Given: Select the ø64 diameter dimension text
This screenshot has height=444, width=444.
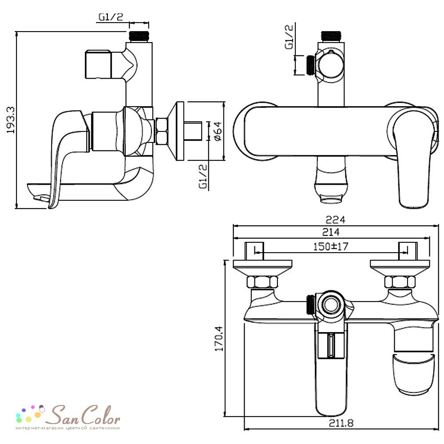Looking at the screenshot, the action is point(218,131).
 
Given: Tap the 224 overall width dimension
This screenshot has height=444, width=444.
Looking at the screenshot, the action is point(336,220).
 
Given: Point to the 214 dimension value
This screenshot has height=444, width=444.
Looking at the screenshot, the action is point(331,232).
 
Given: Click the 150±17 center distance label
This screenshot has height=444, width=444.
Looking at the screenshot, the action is point(330,246).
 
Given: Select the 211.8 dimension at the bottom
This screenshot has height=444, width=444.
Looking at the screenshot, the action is point(341,423).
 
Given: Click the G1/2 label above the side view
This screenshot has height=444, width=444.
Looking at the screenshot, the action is point(111,17).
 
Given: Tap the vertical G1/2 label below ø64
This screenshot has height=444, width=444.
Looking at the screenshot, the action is point(203,176).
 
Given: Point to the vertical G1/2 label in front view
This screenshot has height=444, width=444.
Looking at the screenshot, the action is point(289,37).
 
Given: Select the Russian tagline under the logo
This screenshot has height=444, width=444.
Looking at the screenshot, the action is point(67,428).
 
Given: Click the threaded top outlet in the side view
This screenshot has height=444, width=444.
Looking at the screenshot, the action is point(139,37).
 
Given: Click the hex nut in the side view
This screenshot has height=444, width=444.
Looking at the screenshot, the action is point(161,131).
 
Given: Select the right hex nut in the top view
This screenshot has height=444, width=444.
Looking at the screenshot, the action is point(400,282).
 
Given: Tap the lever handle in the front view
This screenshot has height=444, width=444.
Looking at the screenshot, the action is point(413,159).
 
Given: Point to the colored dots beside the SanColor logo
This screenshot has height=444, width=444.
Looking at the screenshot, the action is point(30,412).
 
